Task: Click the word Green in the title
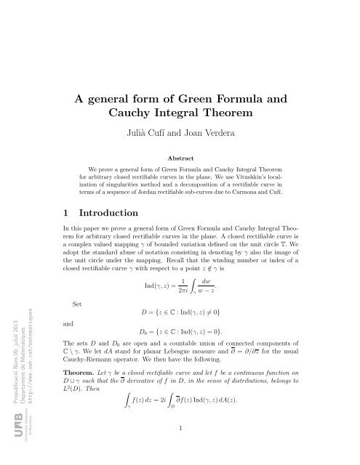point(202,100)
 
